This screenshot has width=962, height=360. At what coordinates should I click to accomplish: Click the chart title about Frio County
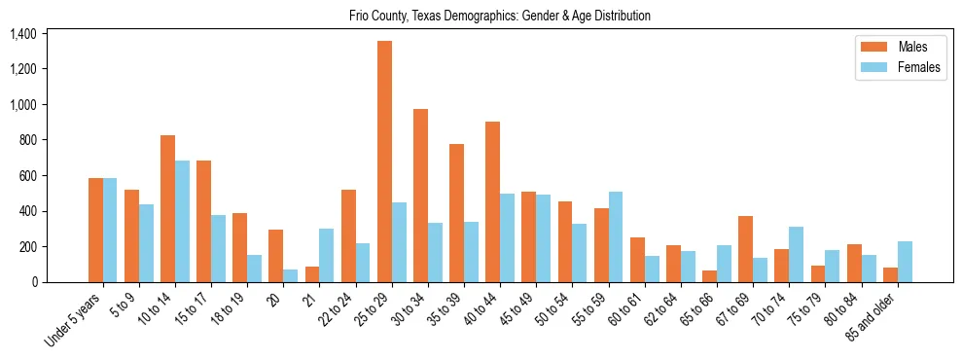coord(500,16)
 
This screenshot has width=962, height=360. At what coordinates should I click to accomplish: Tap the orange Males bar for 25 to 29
coord(384,162)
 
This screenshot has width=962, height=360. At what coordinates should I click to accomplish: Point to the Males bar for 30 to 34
coord(420,196)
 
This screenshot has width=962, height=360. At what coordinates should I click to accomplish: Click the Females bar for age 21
coord(327,256)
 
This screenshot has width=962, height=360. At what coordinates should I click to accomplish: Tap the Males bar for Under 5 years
coord(95,231)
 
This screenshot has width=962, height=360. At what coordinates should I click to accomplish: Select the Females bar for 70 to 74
coord(797,255)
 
